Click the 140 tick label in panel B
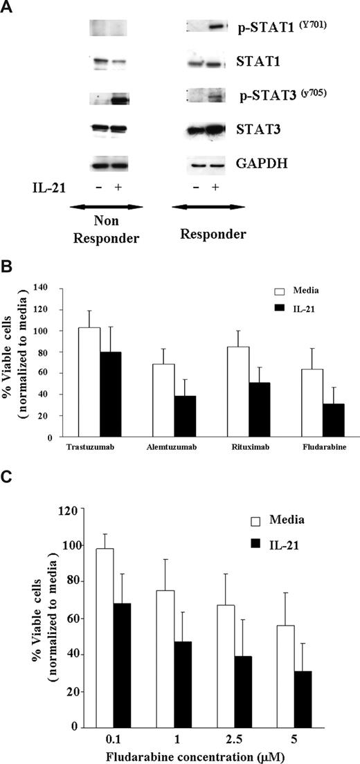pyautogui.click(x=48, y=288)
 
